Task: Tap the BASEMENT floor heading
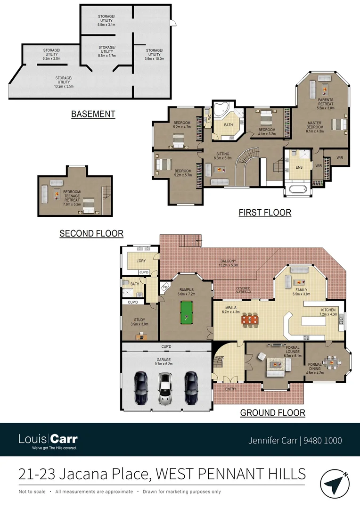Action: point(93,114)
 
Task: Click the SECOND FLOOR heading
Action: point(91,233)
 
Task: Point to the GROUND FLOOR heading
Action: point(272,413)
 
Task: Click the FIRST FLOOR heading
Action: point(265,213)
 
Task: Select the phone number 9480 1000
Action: point(323,441)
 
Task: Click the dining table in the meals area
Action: point(250,320)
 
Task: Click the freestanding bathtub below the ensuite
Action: point(297,190)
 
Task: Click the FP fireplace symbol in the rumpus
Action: point(165,286)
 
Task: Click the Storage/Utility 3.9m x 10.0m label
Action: point(154,52)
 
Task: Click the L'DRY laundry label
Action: point(140,261)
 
